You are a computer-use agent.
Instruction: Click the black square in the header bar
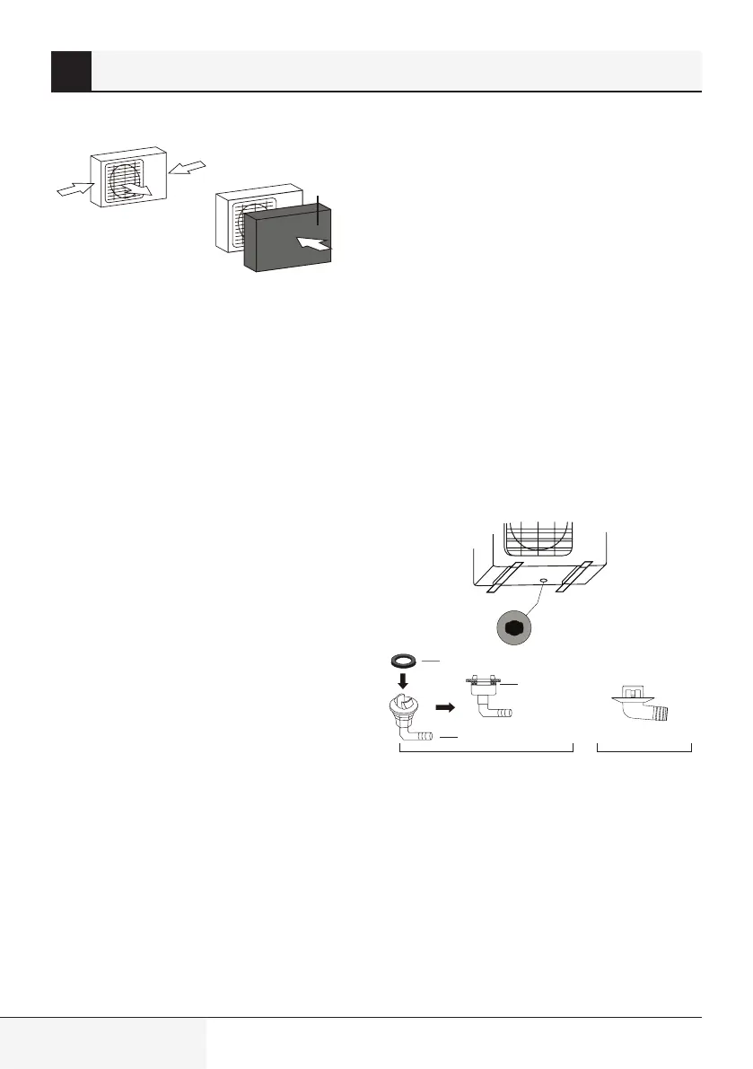(x=71, y=71)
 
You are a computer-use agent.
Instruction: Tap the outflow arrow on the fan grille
(x=140, y=188)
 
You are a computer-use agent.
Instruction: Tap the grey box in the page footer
(x=103, y=1042)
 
